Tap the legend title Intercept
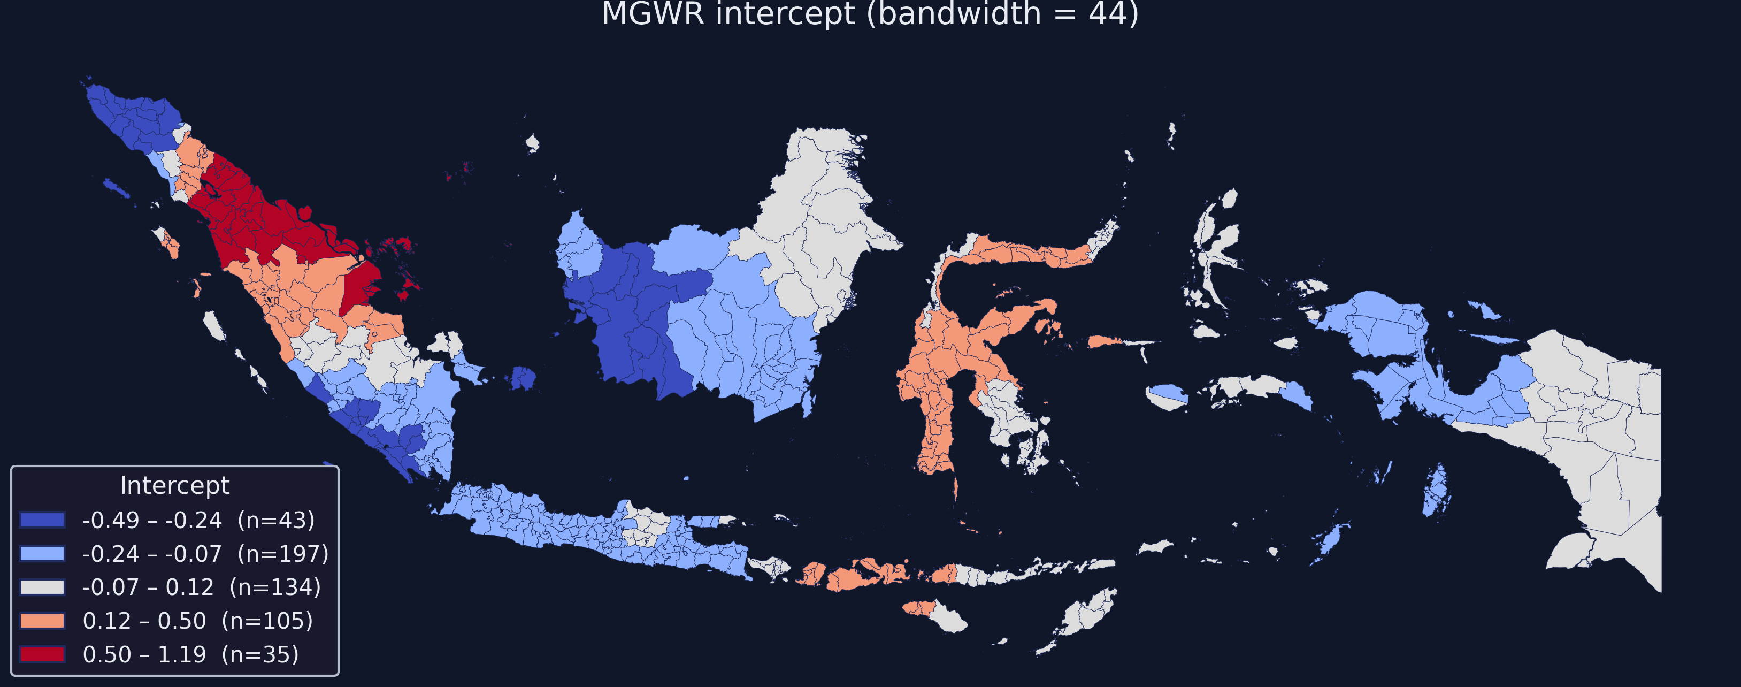pos(174,485)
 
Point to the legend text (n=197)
pos(282,554)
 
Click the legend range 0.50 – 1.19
pos(144,654)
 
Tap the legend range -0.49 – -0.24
pos(152,520)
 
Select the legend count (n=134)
pos(275,587)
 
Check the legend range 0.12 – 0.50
pos(144,621)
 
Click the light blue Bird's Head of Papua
pos(1379,325)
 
